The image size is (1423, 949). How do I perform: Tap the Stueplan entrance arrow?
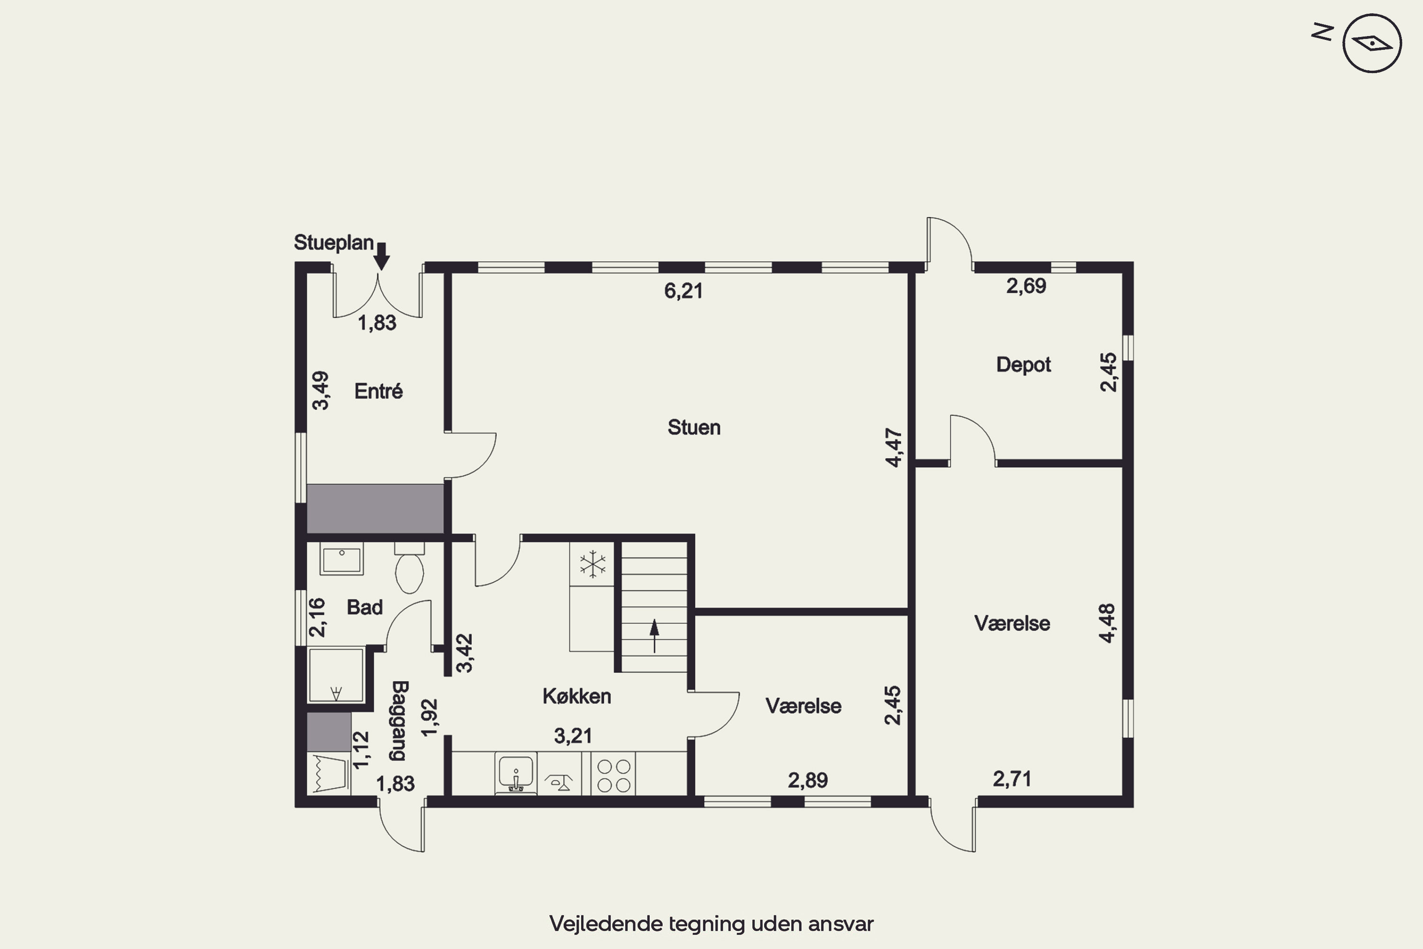click(x=381, y=256)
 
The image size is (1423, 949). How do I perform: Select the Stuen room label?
click(x=694, y=428)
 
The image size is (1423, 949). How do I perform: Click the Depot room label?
click(x=1024, y=365)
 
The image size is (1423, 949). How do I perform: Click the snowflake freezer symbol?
click(x=592, y=564)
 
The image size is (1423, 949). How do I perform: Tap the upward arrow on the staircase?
click(x=654, y=635)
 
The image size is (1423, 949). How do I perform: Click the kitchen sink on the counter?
click(x=516, y=773)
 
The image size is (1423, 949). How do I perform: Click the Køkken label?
click(x=577, y=696)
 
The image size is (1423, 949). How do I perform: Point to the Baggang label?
click(x=399, y=721)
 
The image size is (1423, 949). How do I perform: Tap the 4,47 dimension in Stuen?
click(x=894, y=448)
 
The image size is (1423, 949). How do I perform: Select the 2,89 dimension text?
click(x=808, y=781)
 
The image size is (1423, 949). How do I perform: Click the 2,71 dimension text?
click(x=1012, y=779)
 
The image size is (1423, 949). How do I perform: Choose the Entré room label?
click(x=379, y=391)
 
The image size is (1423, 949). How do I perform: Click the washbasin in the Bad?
click(x=342, y=559)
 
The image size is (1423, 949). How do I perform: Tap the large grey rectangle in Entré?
click(x=375, y=508)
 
